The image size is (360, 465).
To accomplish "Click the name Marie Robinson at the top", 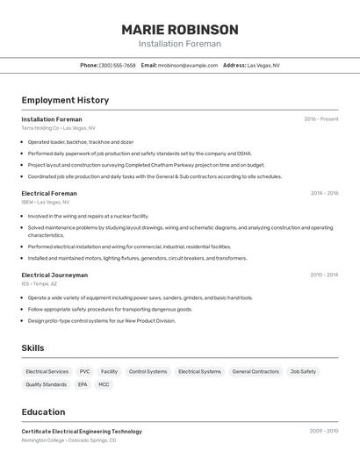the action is tap(179, 29).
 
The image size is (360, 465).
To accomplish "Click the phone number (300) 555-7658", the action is tap(118, 65).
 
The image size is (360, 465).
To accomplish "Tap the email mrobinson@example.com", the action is tap(188, 65).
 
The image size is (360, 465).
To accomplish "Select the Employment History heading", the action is tap(65, 100).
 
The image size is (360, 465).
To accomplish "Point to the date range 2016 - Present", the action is tap(320, 118).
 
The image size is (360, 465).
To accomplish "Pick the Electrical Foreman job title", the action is tap(49, 193).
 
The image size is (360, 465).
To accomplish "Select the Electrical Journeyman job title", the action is tap(54, 275).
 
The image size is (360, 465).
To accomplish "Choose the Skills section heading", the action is tap(32, 348).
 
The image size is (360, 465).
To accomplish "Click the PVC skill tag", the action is tap(85, 371).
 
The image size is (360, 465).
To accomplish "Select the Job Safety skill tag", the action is tap(303, 371).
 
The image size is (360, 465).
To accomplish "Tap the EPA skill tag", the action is tap(83, 384).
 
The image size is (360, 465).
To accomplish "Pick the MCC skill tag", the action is tap(104, 384).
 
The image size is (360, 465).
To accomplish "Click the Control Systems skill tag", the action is tap(148, 371).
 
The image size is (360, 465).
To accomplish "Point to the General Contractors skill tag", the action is tap(256, 371).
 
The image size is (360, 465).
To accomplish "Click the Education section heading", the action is tap(43, 411).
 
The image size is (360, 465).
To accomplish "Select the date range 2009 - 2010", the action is tap(324, 431).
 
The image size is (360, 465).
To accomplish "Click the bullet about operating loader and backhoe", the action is tap(81, 141).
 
